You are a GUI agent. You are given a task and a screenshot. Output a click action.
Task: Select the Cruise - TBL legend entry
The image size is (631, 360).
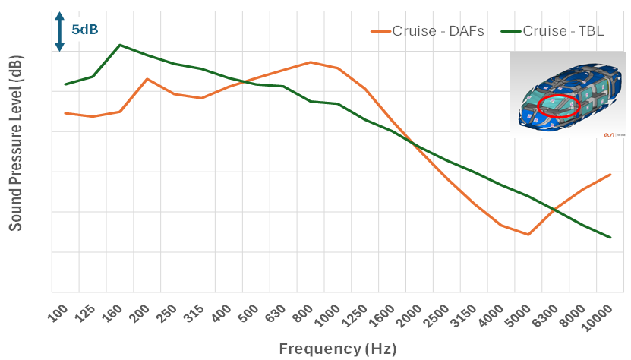point(561,31)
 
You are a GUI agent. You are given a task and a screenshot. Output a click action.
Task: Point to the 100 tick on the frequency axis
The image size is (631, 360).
point(58,312)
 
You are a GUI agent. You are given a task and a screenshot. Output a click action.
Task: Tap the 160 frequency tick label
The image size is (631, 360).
point(112,312)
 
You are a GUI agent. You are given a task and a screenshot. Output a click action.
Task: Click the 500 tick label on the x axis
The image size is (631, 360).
point(248,312)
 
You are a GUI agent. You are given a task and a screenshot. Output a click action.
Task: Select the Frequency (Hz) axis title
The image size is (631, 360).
point(338,349)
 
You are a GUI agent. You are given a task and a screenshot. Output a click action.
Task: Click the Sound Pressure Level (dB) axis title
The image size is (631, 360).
point(15,144)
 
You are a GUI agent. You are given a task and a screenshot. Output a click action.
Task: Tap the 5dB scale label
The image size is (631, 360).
point(85,30)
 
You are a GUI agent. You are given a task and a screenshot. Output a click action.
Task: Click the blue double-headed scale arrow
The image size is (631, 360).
point(60,31)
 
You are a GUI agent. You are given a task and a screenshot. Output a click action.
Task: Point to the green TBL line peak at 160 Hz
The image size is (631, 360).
point(120,45)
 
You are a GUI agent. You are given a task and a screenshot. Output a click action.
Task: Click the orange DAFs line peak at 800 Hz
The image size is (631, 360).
point(311,62)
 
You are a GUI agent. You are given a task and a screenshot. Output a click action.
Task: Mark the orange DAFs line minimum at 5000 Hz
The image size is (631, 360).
point(528,235)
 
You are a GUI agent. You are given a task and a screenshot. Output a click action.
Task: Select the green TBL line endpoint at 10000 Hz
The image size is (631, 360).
point(610,238)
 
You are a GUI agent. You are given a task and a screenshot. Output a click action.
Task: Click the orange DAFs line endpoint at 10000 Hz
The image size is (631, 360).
point(610,175)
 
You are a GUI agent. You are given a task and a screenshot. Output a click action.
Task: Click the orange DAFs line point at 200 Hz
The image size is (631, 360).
point(147,79)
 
